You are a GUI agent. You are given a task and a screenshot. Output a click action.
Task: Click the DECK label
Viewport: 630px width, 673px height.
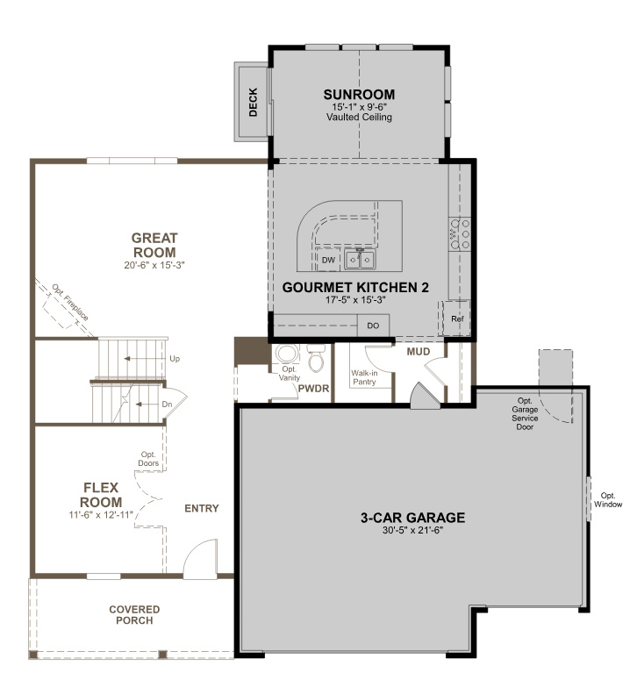click(253, 102)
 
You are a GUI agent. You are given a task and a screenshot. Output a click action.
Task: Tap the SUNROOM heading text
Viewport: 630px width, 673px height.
click(358, 94)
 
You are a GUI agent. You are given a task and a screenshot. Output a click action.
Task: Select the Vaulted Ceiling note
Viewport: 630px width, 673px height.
click(358, 117)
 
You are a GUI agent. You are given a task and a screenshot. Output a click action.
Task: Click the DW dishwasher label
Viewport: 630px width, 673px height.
click(327, 261)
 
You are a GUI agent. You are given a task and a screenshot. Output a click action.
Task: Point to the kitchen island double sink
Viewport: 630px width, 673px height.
click(360, 260)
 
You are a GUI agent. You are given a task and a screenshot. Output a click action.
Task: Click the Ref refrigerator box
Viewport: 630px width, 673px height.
click(456, 319)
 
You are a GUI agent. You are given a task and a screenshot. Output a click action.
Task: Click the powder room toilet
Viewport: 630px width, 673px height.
click(317, 360)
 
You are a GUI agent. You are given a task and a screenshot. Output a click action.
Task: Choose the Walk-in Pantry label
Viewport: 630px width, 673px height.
click(364, 377)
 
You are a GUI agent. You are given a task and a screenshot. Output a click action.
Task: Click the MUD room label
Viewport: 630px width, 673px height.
click(418, 352)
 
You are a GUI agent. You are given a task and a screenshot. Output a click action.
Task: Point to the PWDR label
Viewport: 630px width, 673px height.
click(313, 387)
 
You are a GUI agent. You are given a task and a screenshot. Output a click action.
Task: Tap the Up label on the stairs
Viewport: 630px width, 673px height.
click(175, 359)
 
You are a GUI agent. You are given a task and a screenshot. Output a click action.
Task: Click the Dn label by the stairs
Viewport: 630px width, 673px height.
click(168, 404)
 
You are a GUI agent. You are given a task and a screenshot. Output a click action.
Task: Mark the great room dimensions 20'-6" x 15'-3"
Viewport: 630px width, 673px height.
click(154, 263)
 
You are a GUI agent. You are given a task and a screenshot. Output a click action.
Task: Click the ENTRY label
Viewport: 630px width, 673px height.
click(201, 508)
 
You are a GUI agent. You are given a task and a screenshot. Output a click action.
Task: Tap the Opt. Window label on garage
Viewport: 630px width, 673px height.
click(608, 499)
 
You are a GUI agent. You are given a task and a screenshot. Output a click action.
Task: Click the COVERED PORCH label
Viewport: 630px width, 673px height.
click(134, 614)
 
